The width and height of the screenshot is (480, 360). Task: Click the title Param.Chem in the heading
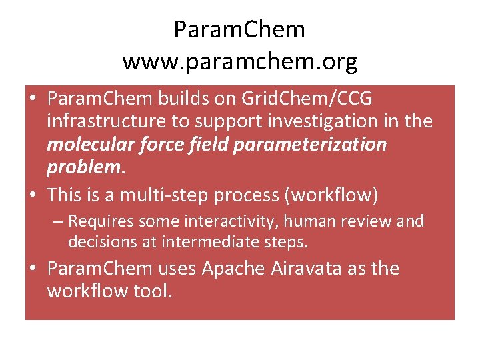(x=239, y=30)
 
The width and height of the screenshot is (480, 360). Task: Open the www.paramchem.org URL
(x=239, y=62)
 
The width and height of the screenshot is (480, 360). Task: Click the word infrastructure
(x=104, y=121)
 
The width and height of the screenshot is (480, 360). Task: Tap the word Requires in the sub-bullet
(x=102, y=221)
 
